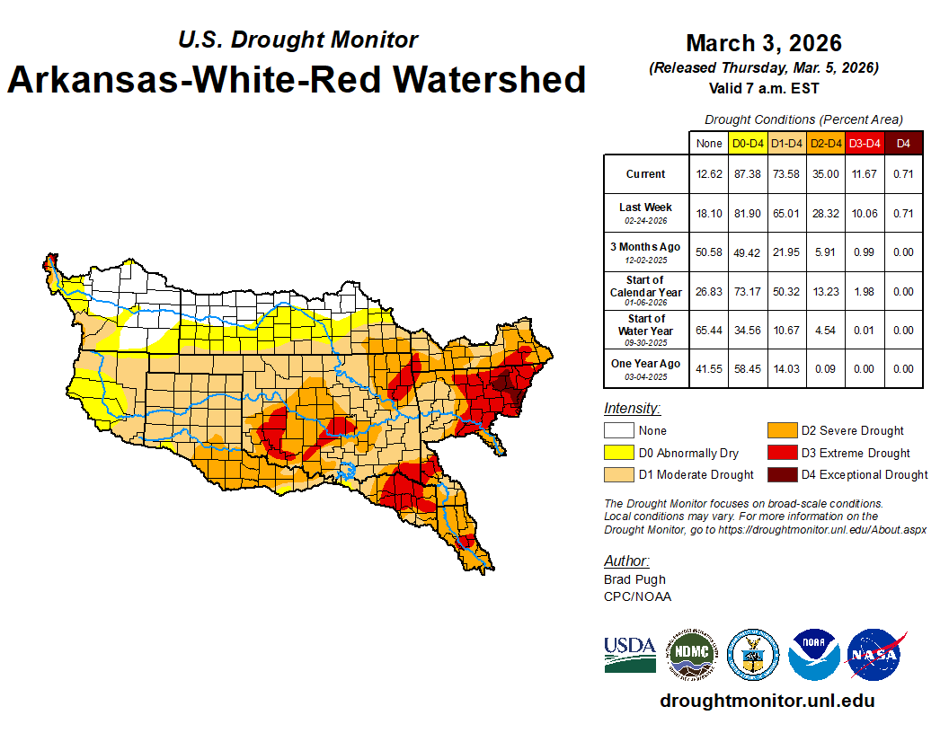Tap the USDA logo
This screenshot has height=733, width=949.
click(629, 655)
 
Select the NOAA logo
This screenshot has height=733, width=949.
click(814, 655)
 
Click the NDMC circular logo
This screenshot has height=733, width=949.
click(691, 655)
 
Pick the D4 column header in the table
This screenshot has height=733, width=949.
click(904, 143)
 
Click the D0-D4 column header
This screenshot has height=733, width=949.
click(748, 143)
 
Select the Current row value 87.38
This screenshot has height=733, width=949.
click(748, 174)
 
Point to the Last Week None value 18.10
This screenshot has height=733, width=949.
click(709, 213)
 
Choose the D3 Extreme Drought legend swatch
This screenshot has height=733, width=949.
click(782, 453)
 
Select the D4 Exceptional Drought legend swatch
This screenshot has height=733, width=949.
click(782, 474)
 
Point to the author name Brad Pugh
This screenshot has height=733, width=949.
click(634, 579)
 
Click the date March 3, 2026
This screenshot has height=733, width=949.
click(763, 43)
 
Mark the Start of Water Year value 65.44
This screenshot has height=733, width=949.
click(709, 330)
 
